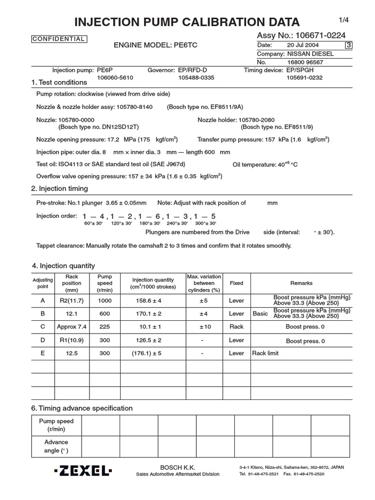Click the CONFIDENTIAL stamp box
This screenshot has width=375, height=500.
pyautogui.click(x=59, y=39)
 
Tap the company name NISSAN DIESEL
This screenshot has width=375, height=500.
pyautogui.click(x=312, y=54)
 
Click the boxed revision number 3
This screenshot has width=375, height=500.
pyautogui.click(x=348, y=45)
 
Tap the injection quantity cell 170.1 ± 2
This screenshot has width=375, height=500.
pyautogui.click(x=153, y=313)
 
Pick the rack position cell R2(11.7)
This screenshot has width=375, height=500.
pyautogui.click(x=72, y=301)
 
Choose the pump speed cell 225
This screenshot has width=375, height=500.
pyautogui.click(x=104, y=327)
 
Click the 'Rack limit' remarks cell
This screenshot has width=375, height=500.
pyautogui.click(x=265, y=353)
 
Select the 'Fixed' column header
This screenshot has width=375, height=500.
pyautogui.click(x=236, y=283)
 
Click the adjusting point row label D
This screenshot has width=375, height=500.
pyautogui.click(x=43, y=340)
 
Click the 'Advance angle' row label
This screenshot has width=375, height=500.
pyautogui.click(x=57, y=446)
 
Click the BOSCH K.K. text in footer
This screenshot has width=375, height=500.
pyautogui.click(x=177, y=467)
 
